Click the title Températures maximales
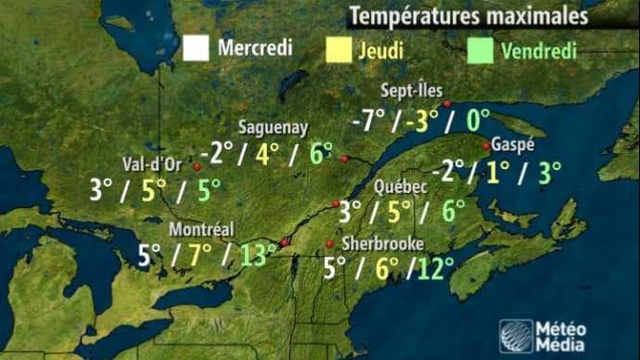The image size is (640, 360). coord(467,17)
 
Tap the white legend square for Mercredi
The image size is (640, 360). coord(196,47)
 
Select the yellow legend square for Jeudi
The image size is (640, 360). coord(339,49)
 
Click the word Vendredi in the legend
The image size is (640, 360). coord(539,50)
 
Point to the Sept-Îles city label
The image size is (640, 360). coord(410,91)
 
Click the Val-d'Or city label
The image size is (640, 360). coord(152,165)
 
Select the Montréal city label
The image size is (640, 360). coord(201,230)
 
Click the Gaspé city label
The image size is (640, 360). coord(512,146)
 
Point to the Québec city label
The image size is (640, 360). coord(400,186)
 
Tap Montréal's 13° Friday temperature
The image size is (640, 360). coord(259,254)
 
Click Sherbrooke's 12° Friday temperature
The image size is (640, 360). coord(434,269)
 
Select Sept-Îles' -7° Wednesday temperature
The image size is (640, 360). coord(369,121)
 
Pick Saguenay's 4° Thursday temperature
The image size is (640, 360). coord(268,153)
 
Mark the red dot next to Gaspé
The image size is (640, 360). coord(486,145)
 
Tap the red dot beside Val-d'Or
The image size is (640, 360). coord(197,167)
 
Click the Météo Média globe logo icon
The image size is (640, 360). coord(516,335)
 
